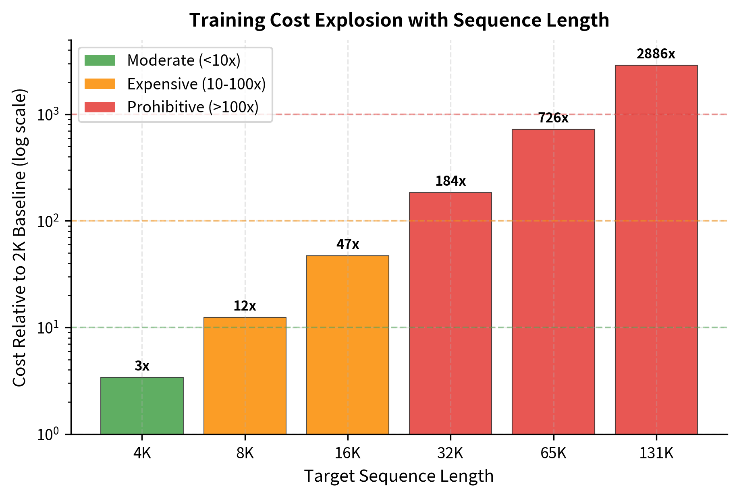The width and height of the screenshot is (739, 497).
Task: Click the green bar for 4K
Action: tap(142, 406)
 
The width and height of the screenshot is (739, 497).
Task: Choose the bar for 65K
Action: tap(553, 282)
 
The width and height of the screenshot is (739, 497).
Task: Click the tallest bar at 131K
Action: tap(656, 250)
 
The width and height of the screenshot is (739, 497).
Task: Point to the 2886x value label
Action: tap(656, 54)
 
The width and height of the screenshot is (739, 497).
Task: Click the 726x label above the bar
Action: tap(553, 118)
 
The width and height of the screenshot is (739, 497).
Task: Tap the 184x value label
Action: tap(450, 181)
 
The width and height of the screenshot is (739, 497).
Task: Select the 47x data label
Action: tap(348, 244)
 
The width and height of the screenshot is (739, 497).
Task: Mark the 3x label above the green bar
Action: tap(142, 366)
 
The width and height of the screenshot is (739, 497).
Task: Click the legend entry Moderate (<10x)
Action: tap(183, 60)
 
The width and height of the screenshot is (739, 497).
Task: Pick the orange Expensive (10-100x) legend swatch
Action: tap(100, 84)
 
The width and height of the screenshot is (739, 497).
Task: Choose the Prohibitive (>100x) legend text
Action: tap(193, 107)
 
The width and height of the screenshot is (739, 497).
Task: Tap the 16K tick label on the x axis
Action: tap(348, 454)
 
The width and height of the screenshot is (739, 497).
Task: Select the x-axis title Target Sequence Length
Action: tap(399, 476)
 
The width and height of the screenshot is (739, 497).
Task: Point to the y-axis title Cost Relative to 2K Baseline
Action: tap(19, 238)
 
